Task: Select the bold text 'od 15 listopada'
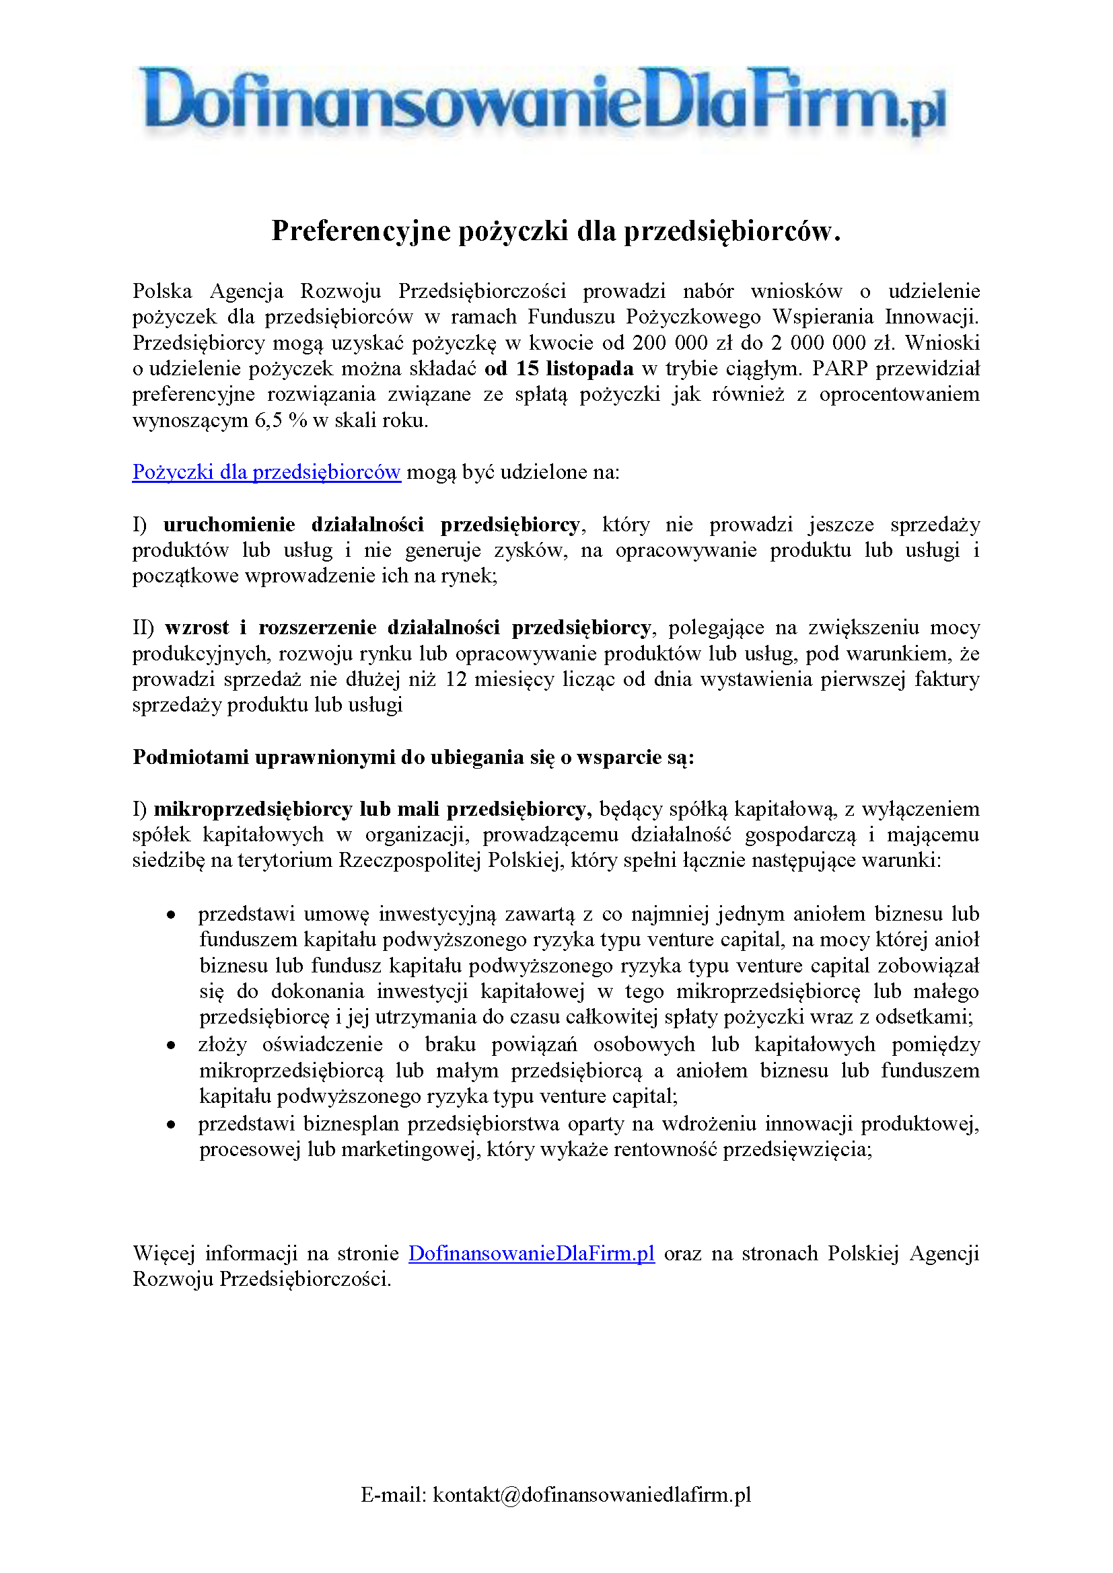click(559, 369)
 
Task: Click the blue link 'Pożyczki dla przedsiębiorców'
click(266, 472)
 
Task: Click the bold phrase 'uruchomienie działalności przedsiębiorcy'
click(371, 525)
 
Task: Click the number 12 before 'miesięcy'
click(456, 679)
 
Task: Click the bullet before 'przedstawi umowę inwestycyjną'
click(171, 915)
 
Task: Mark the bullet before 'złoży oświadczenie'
click(171, 1046)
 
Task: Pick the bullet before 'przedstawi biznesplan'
click(171, 1125)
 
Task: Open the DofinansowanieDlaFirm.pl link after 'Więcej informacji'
click(531, 1254)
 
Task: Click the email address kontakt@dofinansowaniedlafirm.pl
click(591, 1494)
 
